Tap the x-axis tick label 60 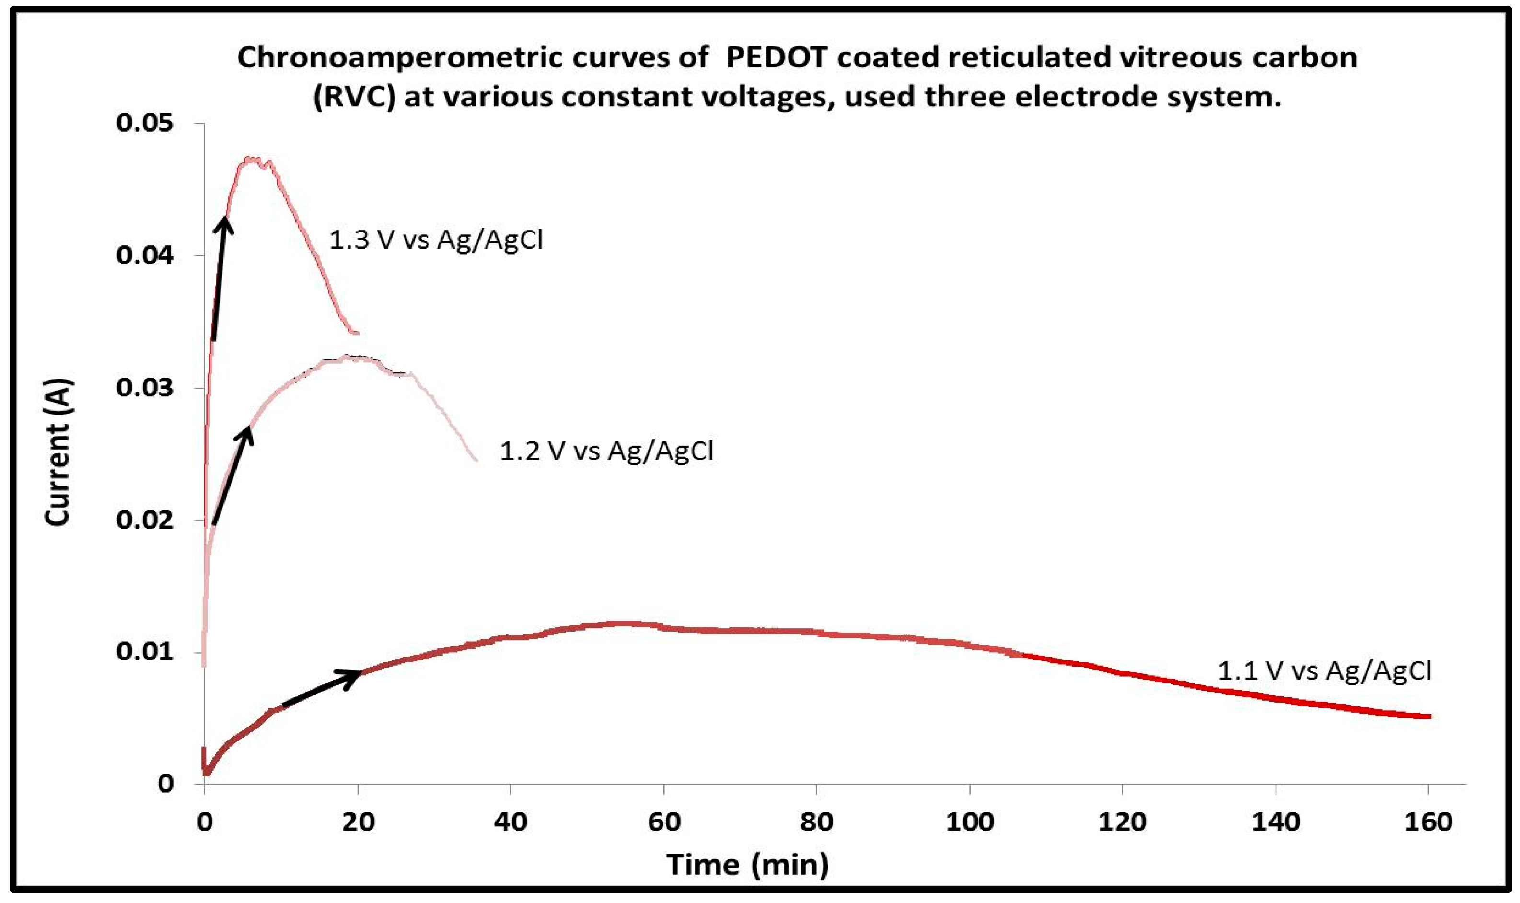click(x=664, y=822)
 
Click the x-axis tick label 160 click(x=1427, y=822)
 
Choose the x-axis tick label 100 click(x=969, y=822)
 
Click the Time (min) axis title click(x=747, y=865)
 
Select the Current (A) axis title click(x=58, y=452)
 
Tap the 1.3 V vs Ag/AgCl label click(x=436, y=240)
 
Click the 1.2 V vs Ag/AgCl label click(x=606, y=451)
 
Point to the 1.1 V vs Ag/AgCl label click(x=1324, y=671)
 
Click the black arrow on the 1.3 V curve click(x=220, y=277)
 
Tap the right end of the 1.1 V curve click(x=1429, y=716)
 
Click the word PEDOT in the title click(x=776, y=58)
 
